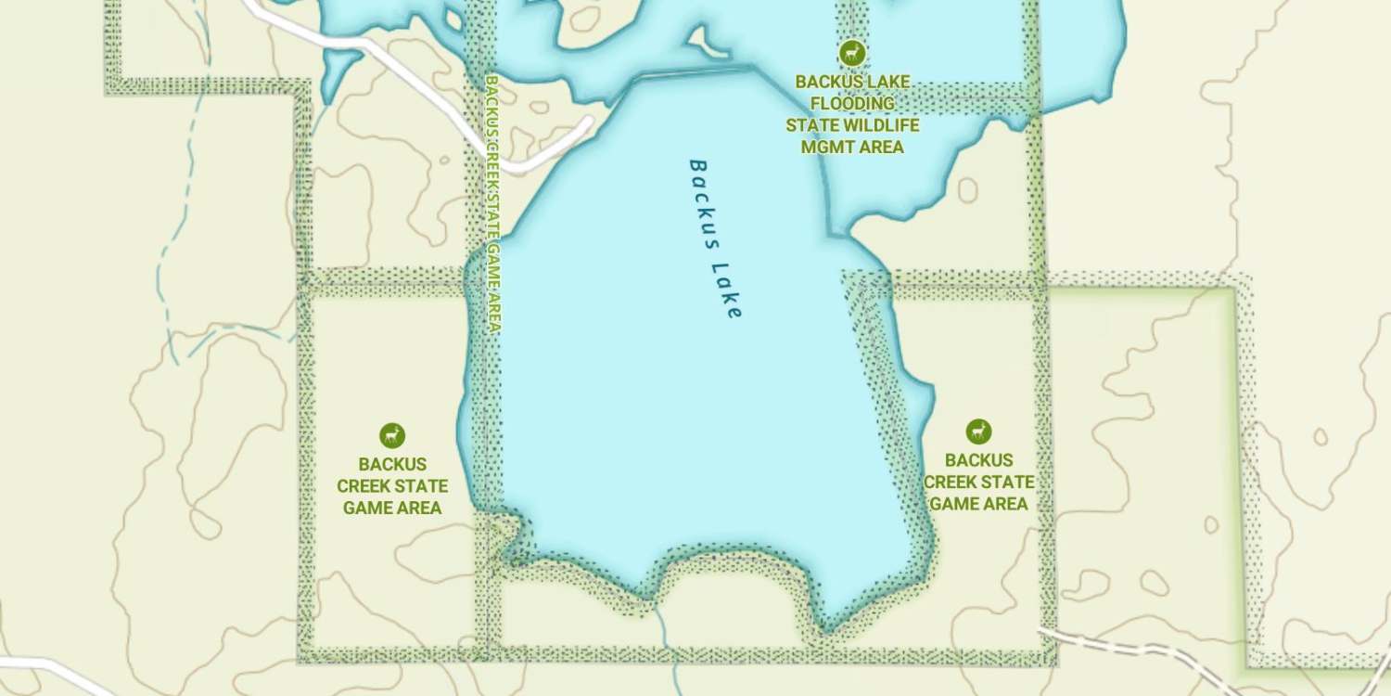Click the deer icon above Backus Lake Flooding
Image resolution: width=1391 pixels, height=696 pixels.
(x=851, y=53)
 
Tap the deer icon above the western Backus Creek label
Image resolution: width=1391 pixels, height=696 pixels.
(x=392, y=435)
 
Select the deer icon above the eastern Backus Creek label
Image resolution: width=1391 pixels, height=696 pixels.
(x=978, y=432)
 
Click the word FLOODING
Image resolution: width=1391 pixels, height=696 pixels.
(x=852, y=103)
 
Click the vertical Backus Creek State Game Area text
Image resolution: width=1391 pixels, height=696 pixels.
(x=493, y=204)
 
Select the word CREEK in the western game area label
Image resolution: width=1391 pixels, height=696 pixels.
(x=364, y=486)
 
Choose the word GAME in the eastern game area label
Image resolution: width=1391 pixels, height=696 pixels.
(x=952, y=504)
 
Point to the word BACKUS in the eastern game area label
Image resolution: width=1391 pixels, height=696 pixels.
(x=978, y=460)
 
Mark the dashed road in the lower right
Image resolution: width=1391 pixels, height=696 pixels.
(x=1141, y=648)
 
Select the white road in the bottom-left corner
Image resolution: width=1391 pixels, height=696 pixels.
(x=56, y=668)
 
